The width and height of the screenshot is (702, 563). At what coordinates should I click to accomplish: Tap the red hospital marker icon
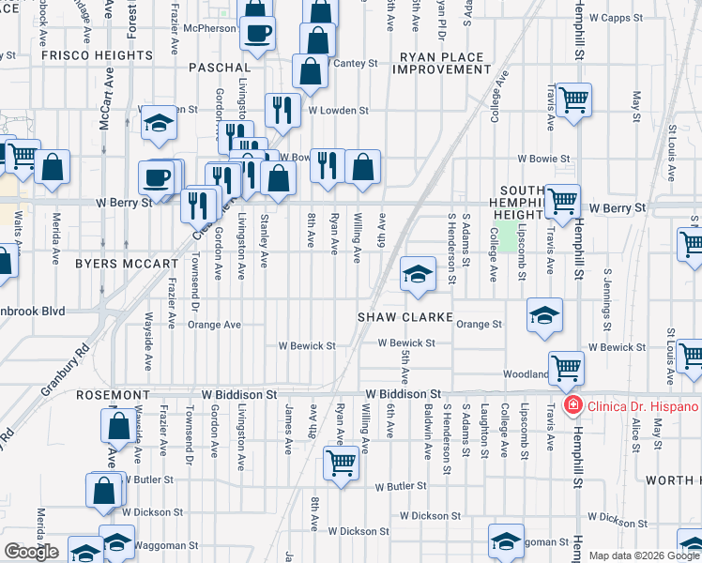tap(571, 405)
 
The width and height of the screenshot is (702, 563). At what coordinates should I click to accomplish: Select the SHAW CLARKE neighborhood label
tap(405, 317)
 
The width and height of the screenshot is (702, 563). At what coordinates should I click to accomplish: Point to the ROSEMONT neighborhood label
tap(113, 395)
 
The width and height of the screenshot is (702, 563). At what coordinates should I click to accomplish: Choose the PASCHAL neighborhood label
tap(220, 68)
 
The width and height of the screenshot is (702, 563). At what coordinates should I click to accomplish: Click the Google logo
tap(32, 552)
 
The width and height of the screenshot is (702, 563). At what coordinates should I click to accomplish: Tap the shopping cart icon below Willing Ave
tap(341, 461)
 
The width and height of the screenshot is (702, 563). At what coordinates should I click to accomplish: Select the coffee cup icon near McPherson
tap(256, 32)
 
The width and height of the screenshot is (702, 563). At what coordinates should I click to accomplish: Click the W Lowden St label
tap(338, 110)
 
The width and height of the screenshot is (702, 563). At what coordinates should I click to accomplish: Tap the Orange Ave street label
tap(214, 325)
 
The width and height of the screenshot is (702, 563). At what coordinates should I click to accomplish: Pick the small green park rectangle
tap(508, 236)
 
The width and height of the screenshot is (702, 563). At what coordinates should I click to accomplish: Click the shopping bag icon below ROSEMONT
tap(120, 426)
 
